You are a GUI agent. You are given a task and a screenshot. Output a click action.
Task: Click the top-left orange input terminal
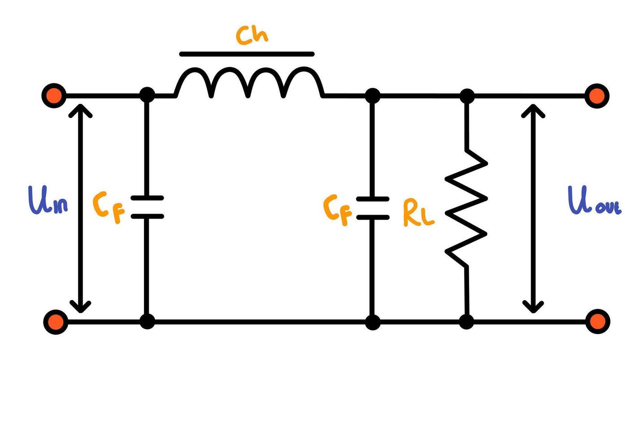click(x=54, y=95)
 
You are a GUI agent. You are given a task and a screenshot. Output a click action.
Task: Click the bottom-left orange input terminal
click(x=56, y=321)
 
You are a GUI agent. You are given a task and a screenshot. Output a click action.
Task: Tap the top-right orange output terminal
click(x=597, y=96)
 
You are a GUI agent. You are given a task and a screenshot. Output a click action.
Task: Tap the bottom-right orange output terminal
click(x=597, y=321)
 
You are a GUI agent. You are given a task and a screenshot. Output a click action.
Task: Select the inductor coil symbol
click(x=249, y=83)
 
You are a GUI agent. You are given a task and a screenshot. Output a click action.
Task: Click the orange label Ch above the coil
click(x=252, y=35)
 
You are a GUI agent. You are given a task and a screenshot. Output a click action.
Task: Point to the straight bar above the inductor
click(x=247, y=54)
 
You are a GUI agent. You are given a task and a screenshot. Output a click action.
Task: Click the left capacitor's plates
click(x=147, y=207)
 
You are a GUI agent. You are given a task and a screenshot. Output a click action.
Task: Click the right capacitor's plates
click(x=372, y=208)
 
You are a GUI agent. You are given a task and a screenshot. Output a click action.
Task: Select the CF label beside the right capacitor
click(x=337, y=210)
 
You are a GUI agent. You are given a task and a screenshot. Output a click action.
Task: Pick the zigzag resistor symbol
click(x=467, y=208)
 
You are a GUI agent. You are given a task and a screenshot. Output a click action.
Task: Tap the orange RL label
click(x=418, y=213)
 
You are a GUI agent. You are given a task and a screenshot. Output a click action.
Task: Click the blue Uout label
click(x=593, y=201)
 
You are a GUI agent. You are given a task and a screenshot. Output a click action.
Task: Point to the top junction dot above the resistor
click(x=467, y=96)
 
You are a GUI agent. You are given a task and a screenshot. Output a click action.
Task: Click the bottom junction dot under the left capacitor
click(x=147, y=321)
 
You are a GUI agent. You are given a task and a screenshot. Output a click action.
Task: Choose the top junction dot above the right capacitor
click(x=372, y=96)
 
